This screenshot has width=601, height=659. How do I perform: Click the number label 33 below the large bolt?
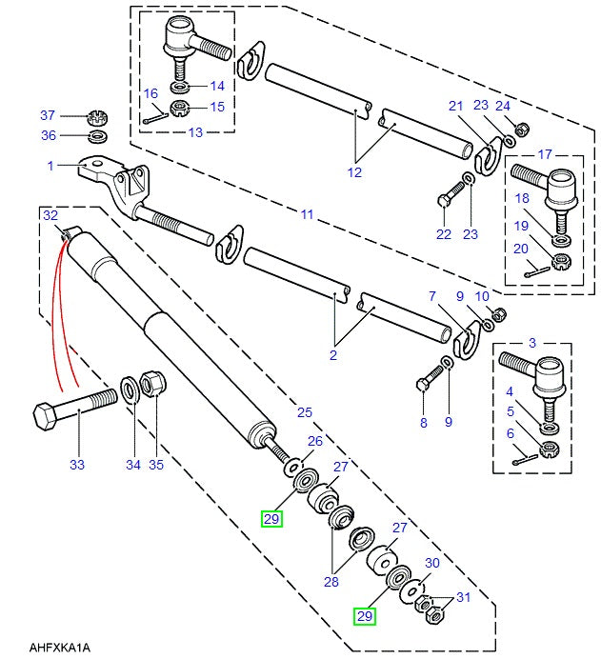tap(76, 465)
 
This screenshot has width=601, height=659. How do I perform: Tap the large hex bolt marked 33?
tap(71, 407)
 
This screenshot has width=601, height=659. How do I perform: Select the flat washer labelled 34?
tap(129, 390)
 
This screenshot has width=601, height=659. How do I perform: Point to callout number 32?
tap(50, 215)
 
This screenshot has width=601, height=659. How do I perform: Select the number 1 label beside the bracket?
tap(50, 166)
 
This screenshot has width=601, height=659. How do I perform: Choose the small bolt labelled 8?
tap(423, 384)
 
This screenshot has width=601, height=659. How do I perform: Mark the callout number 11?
tap(307, 215)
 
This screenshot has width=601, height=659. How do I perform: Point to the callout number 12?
tap(354, 172)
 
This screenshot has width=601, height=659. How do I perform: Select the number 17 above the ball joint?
tap(545, 153)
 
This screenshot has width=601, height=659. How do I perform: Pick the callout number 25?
tap(305, 412)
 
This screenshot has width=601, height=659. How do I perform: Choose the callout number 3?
tap(531, 342)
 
